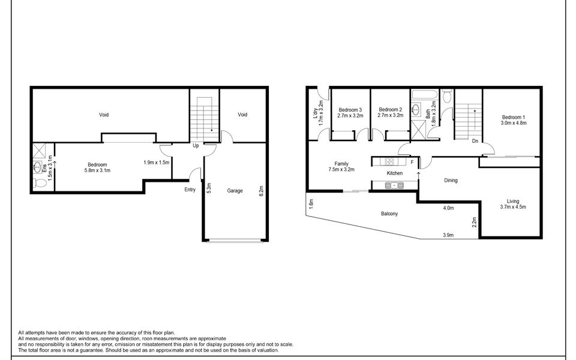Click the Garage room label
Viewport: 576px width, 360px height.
(235, 191)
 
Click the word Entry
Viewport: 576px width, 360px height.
(190, 190)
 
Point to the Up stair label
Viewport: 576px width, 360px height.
(196, 146)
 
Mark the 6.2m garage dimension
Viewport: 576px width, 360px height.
(260, 191)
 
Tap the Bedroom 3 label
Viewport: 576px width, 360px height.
(350, 110)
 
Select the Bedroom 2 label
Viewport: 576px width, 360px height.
(390, 110)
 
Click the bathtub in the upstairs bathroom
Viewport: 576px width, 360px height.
(425, 95)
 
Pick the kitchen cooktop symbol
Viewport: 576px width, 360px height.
(388, 161)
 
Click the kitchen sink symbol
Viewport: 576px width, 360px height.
(394, 186)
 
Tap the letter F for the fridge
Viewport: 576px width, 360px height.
(412, 162)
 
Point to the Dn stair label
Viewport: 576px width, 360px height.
(475, 142)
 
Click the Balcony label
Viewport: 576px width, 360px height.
(389, 214)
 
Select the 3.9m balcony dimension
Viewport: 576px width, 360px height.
(448, 235)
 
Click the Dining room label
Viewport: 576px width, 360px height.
(451, 180)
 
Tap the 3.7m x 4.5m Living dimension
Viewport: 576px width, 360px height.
(513, 208)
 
